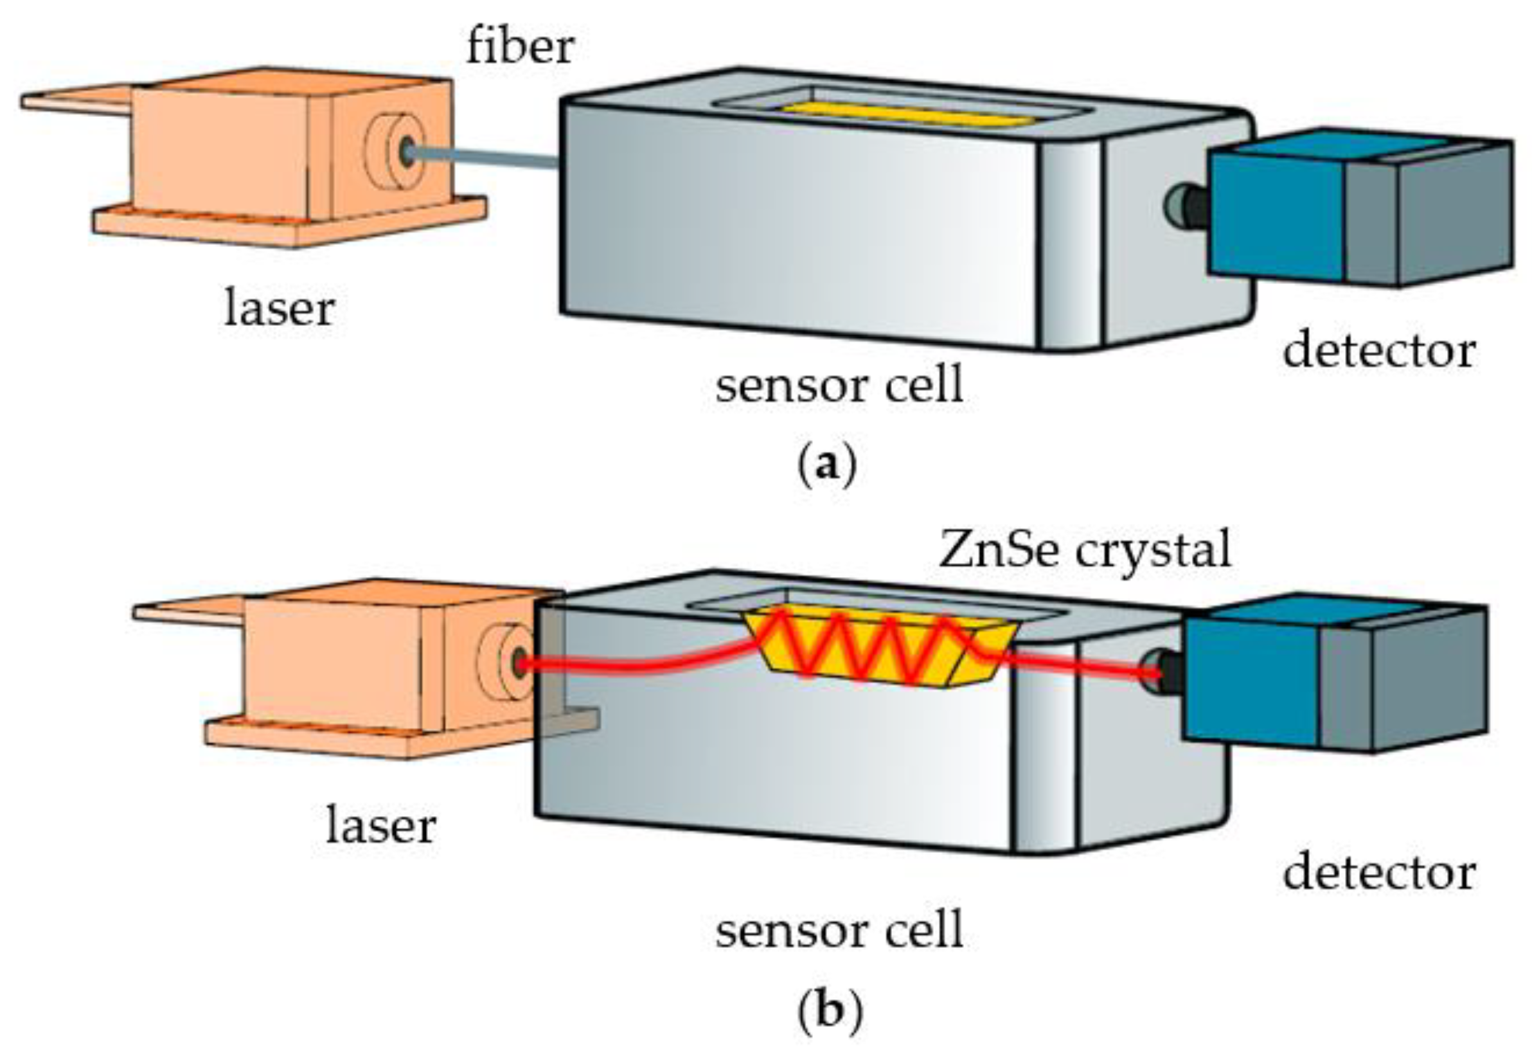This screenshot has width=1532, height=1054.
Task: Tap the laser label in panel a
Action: point(280,308)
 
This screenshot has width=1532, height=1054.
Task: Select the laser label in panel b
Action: point(381,825)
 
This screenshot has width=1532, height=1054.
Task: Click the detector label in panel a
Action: point(1379,350)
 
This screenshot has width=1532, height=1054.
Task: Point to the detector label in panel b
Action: point(1379,872)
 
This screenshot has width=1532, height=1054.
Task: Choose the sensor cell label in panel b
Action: point(839,930)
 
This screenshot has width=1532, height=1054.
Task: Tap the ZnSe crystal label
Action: point(1084,549)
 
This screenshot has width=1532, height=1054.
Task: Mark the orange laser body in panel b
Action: point(343,661)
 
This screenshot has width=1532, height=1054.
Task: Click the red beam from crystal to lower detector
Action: point(1083,668)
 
